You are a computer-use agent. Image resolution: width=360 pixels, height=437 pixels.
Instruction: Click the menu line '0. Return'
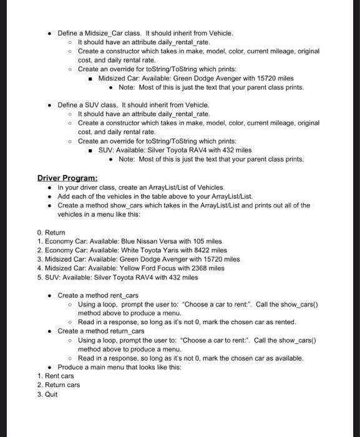coord(51,232)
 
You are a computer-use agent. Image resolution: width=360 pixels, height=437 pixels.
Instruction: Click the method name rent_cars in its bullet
coord(124,295)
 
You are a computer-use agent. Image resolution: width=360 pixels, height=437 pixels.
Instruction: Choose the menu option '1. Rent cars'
coord(56,376)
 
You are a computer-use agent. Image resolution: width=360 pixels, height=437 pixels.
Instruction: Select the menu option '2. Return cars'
coord(59,385)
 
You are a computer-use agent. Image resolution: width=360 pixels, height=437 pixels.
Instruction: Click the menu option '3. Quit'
coord(47,395)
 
